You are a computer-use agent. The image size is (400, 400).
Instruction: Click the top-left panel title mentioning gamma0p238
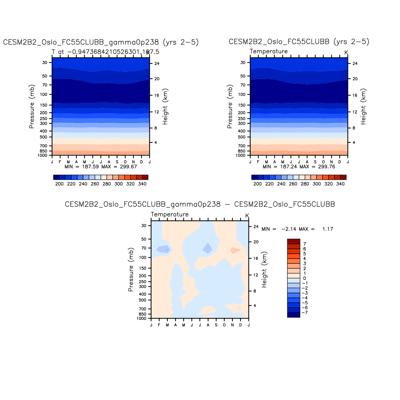tap(101, 43)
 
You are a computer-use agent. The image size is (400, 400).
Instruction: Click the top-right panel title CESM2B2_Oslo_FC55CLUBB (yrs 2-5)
tap(299, 42)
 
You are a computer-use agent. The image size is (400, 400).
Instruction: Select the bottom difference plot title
tap(200, 205)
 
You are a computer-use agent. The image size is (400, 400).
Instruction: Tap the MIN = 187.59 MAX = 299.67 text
tap(101, 167)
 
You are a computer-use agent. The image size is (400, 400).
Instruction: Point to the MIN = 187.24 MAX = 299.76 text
tap(299, 167)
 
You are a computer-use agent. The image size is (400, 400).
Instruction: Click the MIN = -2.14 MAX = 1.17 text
tap(297, 229)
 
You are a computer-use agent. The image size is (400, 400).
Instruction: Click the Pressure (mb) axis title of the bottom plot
tap(131, 270)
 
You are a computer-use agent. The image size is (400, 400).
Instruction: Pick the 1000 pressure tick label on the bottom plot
tap(142, 318)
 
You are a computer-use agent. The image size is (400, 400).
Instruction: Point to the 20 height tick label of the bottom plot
tap(256, 242)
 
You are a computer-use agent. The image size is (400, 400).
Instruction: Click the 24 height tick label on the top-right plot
tap(355, 63)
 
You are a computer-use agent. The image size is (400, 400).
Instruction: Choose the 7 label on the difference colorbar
tap(305, 244)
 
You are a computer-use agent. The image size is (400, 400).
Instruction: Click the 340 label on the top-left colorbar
tap(142, 184)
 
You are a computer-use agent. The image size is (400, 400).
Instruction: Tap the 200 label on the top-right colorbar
tap(258, 184)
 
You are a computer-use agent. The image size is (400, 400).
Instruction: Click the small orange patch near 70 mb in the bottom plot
tap(235, 250)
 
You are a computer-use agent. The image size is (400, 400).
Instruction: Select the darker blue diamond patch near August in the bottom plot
tap(207, 248)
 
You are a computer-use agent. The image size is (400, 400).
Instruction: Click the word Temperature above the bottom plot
tap(170, 215)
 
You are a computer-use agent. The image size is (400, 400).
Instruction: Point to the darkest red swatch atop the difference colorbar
tap(294, 241)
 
